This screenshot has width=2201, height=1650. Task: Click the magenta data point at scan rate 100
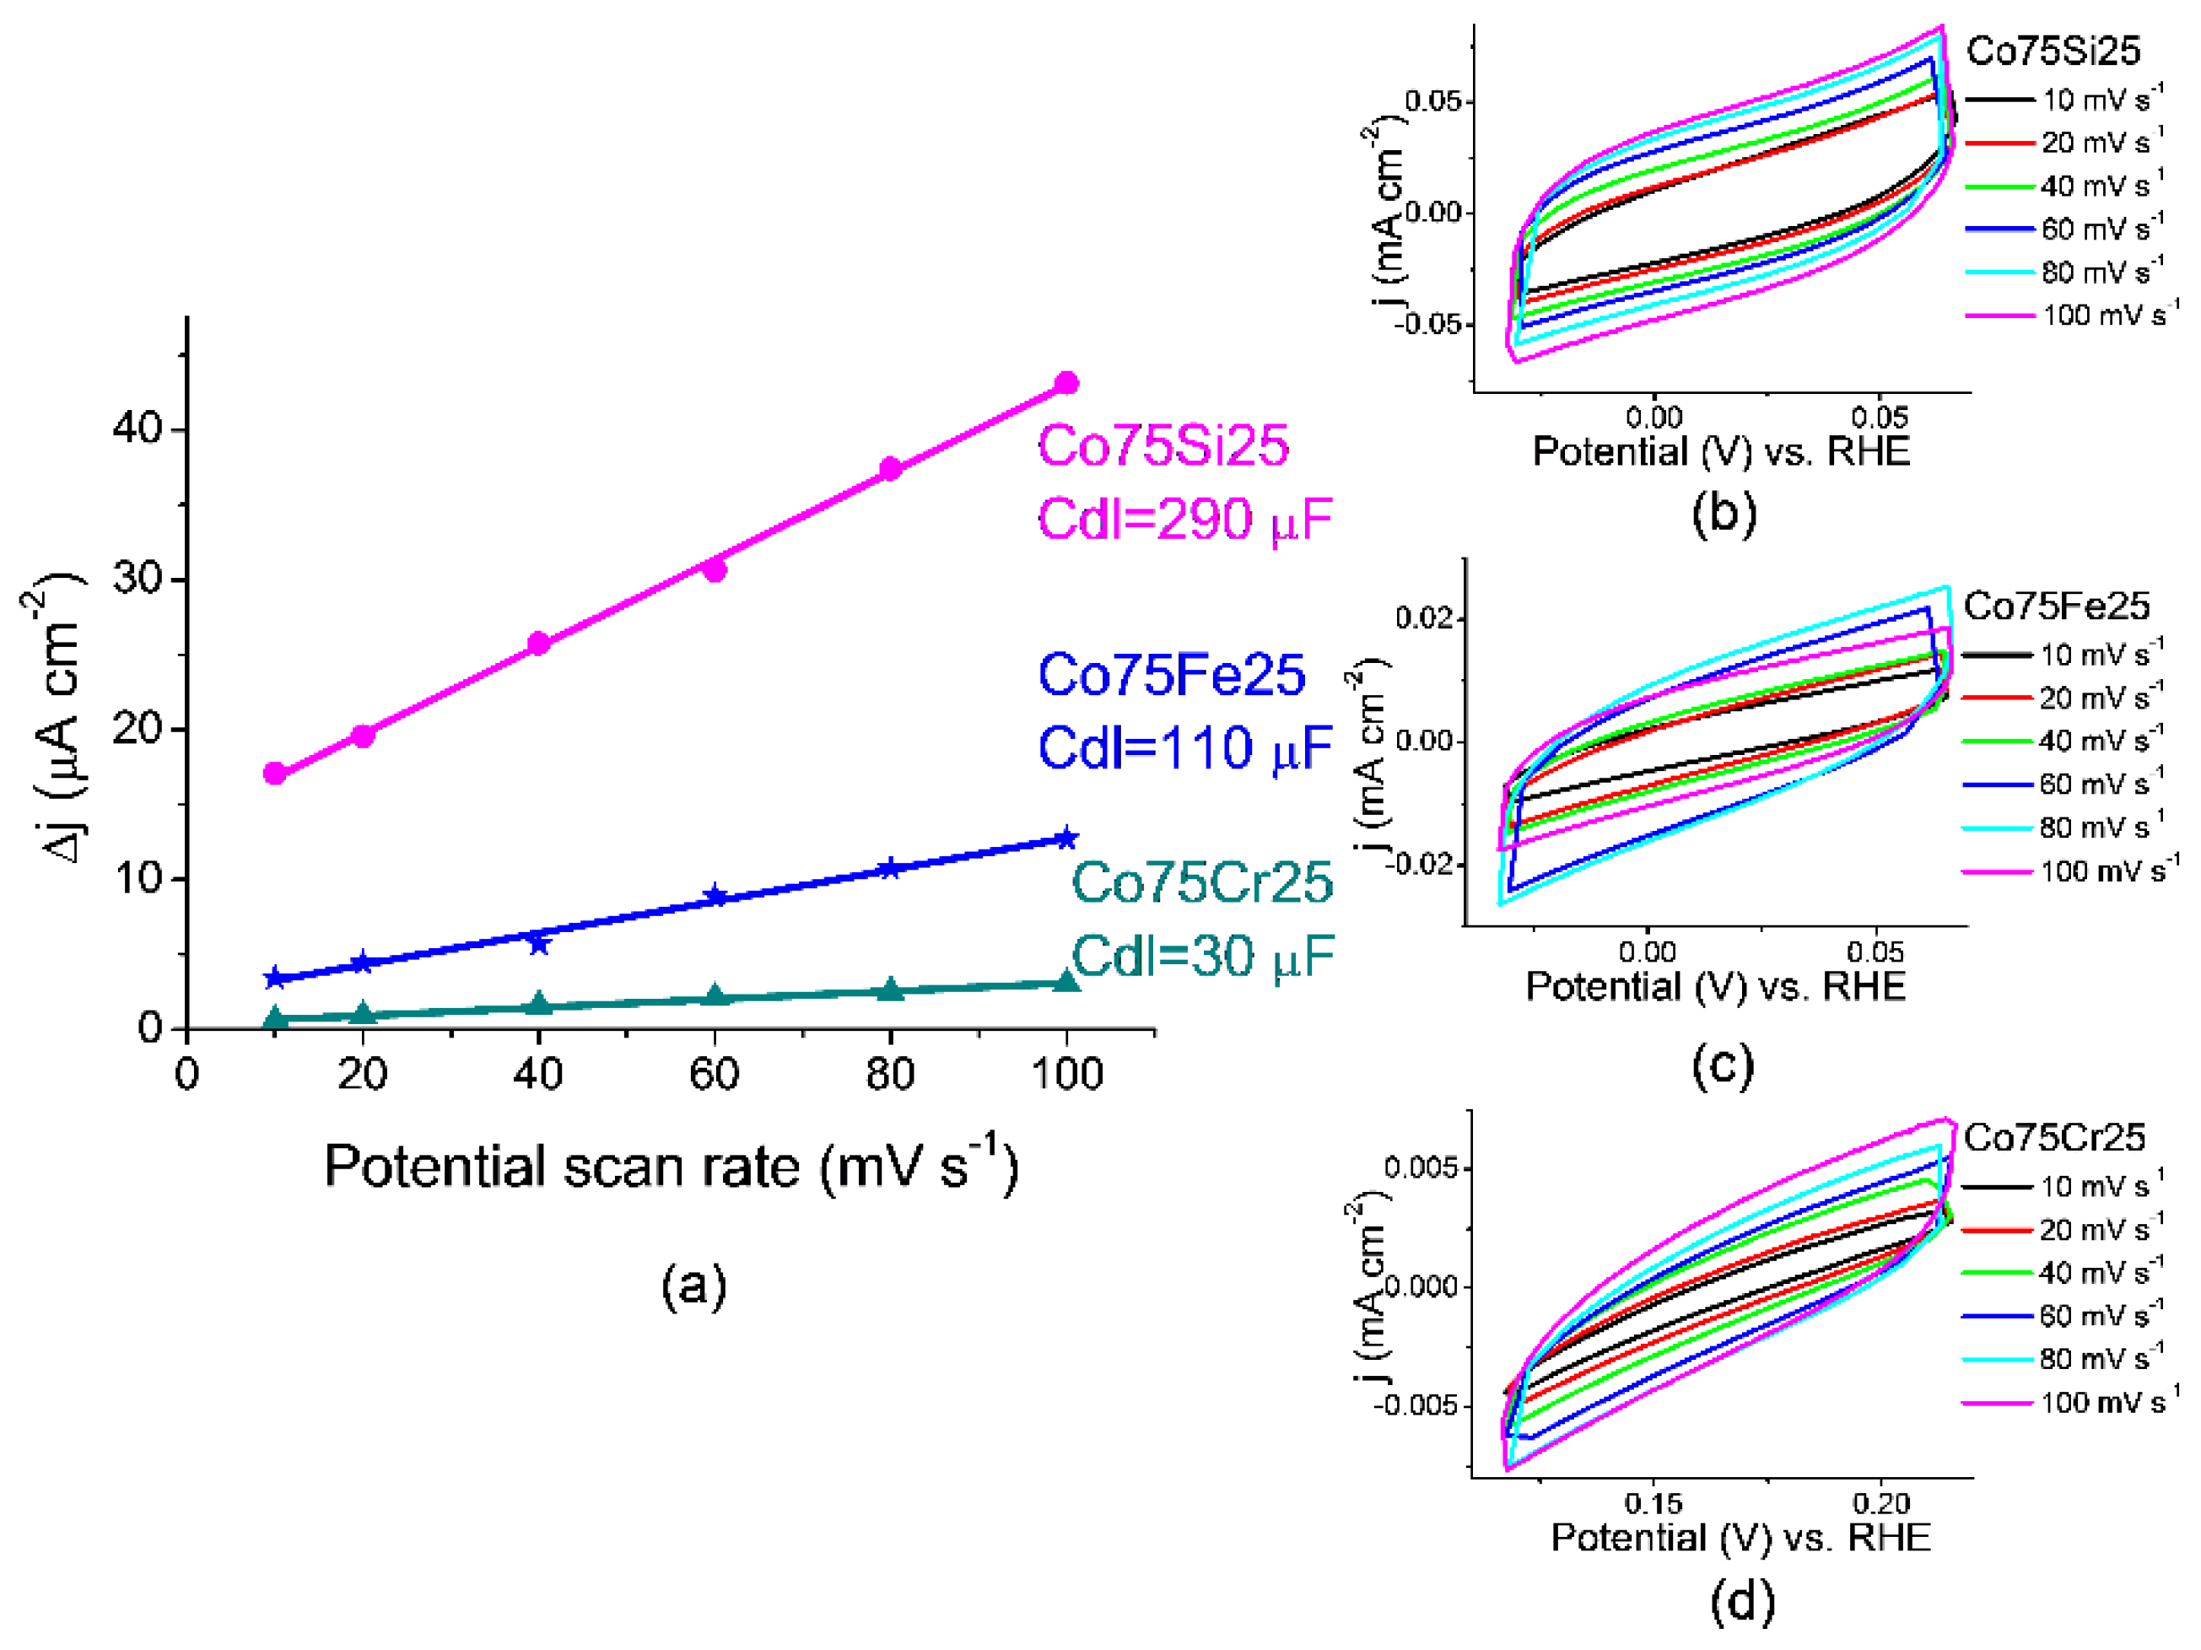(x=1065, y=383)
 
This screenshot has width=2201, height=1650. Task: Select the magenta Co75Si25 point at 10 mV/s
(x=275, y=774)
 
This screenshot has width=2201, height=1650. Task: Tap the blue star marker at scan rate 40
(x=538, y=942)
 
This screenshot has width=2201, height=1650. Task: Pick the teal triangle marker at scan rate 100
(x=1065, y=982)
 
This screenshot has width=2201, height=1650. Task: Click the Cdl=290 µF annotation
(x=1184, y=520)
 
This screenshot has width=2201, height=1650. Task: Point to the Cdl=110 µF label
(x=1184, y=748)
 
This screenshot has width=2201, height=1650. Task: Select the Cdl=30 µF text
(x=1201, y=957)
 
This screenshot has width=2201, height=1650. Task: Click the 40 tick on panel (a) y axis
(x=138, y=429)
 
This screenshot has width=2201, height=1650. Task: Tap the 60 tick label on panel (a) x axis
(x=714, y=1075)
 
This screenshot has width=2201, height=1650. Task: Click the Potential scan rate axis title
(x=672, y=1167)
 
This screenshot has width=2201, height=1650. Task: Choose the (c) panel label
(x=1723, y=1065)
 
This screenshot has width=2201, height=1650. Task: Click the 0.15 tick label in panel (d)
(x=1653, y=1502)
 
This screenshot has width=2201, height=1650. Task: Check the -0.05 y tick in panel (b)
(x=1432, y=325)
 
